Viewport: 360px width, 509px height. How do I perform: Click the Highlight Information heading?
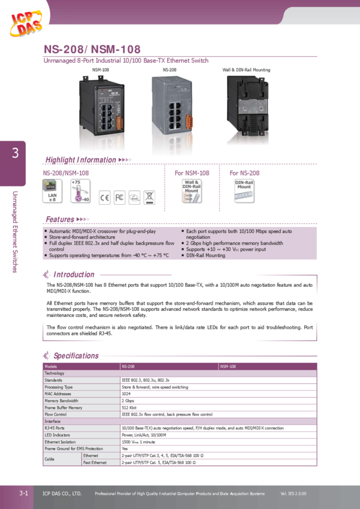81,160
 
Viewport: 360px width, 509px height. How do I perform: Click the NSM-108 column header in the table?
228,365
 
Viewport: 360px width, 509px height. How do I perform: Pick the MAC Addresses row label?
58,394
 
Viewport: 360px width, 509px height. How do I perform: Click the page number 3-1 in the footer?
25,493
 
